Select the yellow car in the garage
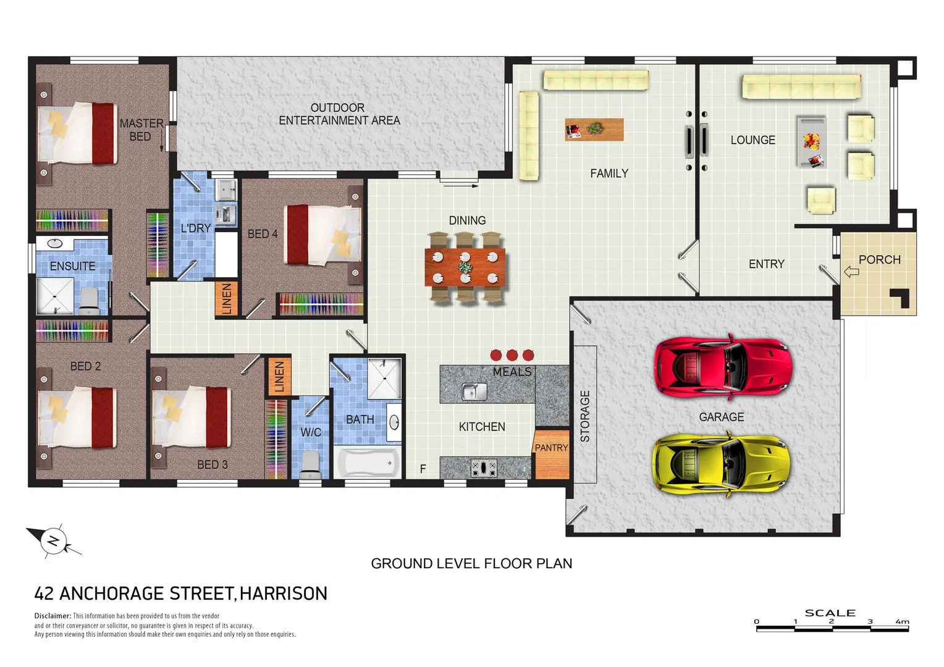(x=721, y=464)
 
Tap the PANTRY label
(x=551, y=448)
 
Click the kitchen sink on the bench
(x=474, y=392)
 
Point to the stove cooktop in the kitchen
(x=484, y=468)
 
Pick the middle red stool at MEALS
(x=512, y=355)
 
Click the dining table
(x=465, y=267)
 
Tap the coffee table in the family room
(x=594, y=129)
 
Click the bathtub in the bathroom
(x=367, y=463)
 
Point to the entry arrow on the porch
(x=851, y=272)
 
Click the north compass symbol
(x=53, y=541)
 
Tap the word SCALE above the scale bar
(x=830, y=613)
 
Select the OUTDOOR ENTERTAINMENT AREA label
(x=339, y=114)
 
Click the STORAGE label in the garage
(x=585, y=416)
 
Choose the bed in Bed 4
(x=322, y=235)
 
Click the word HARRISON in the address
(x=283, y=594)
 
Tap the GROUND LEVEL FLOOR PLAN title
(x=471, y=563)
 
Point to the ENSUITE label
(x=72, y=266)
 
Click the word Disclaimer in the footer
(x=53, y=616)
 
